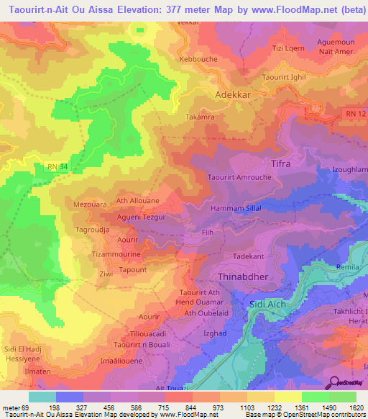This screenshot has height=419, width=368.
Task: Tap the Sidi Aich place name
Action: (267, 305)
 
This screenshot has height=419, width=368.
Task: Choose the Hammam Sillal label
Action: (235, 207)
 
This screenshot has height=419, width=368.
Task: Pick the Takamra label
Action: (201, 116)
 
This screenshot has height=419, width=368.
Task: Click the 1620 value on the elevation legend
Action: (354, 407)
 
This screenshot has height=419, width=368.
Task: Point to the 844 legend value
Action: (191, 407)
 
